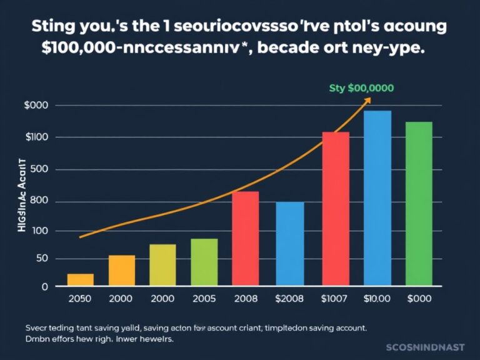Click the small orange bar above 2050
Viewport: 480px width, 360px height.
[x=80, y=280]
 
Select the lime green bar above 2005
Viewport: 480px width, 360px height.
[x=204, y=262]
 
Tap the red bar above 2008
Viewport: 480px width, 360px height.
[x=245, y=239]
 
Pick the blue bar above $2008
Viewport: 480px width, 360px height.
[x=290, y=244]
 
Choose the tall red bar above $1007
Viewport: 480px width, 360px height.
[x=336, y=209]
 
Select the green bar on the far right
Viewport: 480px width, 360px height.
[x=419, y=204]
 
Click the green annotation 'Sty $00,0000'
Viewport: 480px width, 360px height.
[x=361, y=88]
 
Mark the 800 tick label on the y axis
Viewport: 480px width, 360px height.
[x=39, y=201]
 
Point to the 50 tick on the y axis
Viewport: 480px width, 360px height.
[x=41, y=259]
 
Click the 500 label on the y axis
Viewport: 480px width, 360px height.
[x=39, y=170]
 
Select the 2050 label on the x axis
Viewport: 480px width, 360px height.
[x=79, y=299]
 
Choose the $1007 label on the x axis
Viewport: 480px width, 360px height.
[x=335, y=299]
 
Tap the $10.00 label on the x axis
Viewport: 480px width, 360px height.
[x=377, y=299]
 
